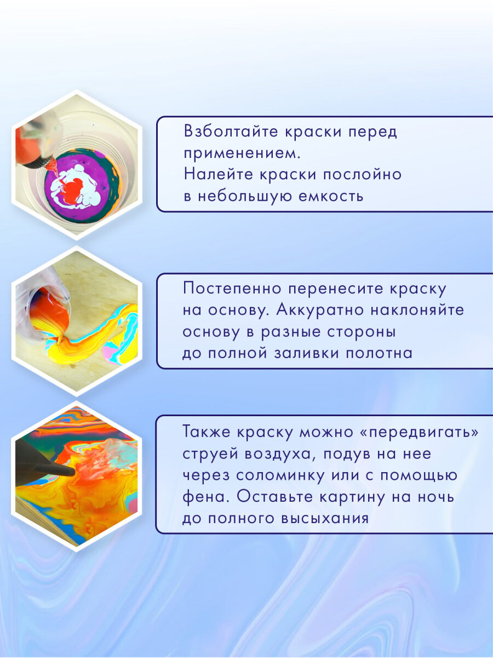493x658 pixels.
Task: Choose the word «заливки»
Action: [x=306, y=353]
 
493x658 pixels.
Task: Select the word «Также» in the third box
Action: [x=208, y=433]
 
